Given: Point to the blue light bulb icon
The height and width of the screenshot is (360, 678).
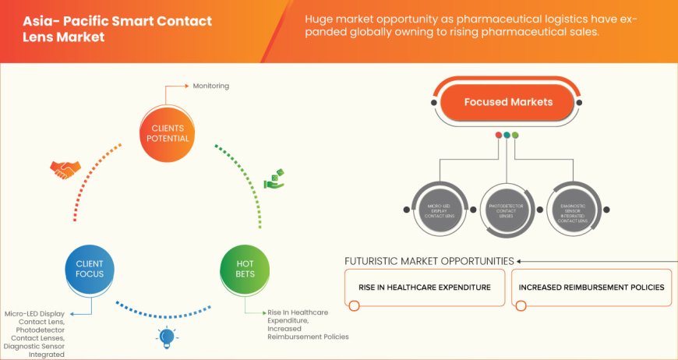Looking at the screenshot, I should pyautogui.click(x=165, y=336).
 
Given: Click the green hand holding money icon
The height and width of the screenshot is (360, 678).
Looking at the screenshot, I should pyautogui.click(x=274, y=178).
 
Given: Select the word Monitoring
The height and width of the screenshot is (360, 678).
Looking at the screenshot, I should pyautogui.click(x=211, y=86).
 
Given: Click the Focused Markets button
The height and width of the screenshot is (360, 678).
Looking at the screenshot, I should pyautogui.click(x=507, y=103).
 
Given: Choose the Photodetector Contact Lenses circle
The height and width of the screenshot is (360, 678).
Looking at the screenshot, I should pyautogui.click(x=507, y=208).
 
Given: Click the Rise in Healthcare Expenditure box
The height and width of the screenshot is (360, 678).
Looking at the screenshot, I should pyautogui.click(x=424, y=288).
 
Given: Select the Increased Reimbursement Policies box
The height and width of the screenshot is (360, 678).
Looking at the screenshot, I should pyautogui.click(x=591, y=288).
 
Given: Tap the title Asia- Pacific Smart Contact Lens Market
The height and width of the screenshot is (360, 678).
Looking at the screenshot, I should pyautogui.click(x=117, y=30).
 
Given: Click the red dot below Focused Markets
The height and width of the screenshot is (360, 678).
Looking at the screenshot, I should pyautogui.click(x=499, y=135).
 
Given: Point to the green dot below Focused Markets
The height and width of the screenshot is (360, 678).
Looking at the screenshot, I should pyautogui.click(x=515, y=135).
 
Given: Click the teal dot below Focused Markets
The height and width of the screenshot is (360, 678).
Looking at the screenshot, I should pyautogui.click(x=507, y=135).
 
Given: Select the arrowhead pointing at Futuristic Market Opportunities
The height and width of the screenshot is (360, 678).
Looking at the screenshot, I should pyautogui.click(x=520, y=261).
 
